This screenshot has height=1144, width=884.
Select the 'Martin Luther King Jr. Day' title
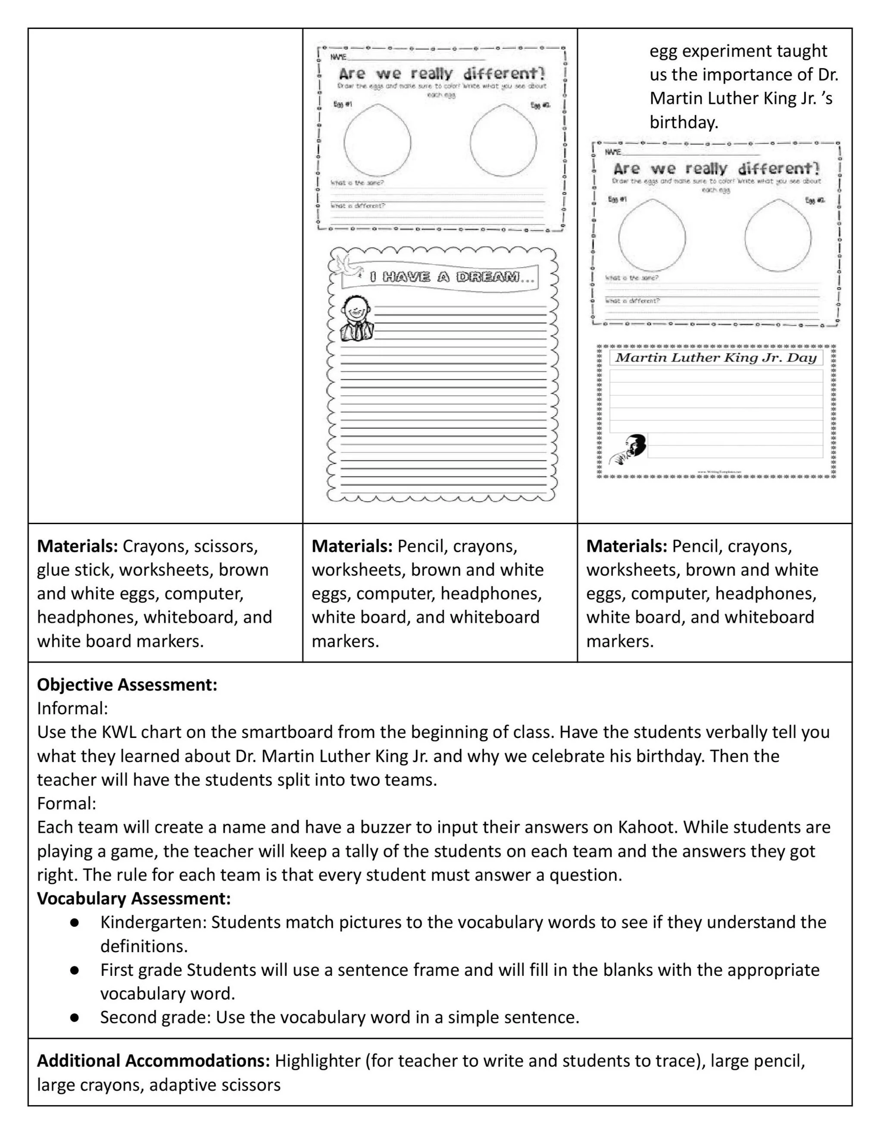click(715, 358)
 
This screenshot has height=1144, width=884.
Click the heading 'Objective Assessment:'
click(127, 685)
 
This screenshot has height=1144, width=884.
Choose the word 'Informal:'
click(72, 708)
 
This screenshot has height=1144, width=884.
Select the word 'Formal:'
click(66, 803)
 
